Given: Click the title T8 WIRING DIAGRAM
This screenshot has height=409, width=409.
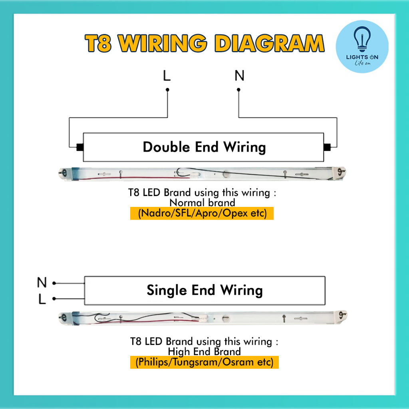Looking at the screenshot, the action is (x=204, y=43).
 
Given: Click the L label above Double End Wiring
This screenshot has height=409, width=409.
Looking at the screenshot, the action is (x=167, y=75).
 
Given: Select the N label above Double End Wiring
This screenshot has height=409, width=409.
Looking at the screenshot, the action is (x=239, y=75).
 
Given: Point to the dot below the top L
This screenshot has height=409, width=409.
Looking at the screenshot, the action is (x=167, y=90).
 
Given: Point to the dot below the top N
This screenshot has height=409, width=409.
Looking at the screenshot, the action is (x=238, y=90).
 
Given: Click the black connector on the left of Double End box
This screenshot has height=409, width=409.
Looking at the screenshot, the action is (x=79, y=147).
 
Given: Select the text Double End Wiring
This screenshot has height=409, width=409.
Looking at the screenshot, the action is (x=204, y=147).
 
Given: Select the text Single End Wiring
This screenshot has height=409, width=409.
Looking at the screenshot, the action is (x=204, y=290).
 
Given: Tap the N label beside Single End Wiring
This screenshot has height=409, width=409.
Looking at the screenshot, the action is (x=42, y=283).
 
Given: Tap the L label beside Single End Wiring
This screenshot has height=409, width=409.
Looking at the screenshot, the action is (x=42, y=299).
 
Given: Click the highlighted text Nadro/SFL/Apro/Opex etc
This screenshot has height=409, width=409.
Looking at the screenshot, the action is (x=202, y=213).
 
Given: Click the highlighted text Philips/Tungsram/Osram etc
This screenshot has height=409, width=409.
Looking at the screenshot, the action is (x=204, y=362).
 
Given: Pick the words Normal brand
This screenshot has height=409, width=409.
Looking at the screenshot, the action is (x=202, y=203).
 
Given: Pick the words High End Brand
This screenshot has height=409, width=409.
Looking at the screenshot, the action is (x=204, y=351).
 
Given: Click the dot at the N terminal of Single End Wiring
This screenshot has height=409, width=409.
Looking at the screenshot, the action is (x=54, y=283).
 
